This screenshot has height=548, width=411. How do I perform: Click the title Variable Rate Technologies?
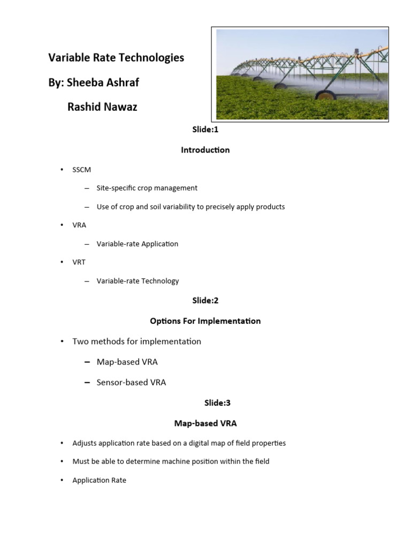pyautogui.click(x=116, y=57)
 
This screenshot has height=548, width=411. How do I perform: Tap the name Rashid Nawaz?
pyautogui.click(x=102, y=107)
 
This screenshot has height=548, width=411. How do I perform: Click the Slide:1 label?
pyautogui.click(x=205, y=130)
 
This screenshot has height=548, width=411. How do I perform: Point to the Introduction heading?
pyautogui.click(x=205, y=150)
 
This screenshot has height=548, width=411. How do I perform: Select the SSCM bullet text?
pyautogui.click(x=82, y=170)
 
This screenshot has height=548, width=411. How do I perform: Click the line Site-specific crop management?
pyautogui.click(x=147, y=188)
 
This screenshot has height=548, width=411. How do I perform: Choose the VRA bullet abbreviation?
pyautogui.click(x=79, y=225)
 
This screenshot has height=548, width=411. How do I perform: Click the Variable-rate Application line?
pyautogui.click(x=137, y=244)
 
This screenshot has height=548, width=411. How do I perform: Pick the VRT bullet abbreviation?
pyautogui.click(x=79, y=262)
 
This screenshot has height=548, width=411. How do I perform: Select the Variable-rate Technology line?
pyautogui.click(x=138, y=281)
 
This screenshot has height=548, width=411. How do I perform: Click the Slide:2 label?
pyautogui.click(x=205, y=301)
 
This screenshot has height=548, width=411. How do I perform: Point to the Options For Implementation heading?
pyautogui.click(x=205, y=321)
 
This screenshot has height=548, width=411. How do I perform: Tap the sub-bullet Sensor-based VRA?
pyautogui.click(x=131, y=383)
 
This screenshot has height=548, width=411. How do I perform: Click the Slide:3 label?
pyautogui.click(x=205, y=403)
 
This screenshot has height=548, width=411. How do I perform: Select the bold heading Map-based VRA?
pyautogui.click(x=205, y=423)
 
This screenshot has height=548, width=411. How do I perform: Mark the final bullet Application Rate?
pyautogui.click(x=99, y=481)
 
